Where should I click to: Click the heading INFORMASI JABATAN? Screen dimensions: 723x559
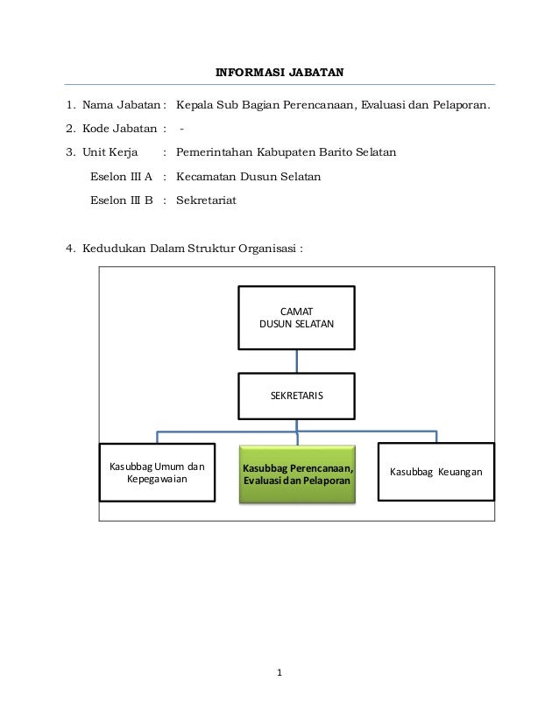pyautogui.click(x=279, y=71)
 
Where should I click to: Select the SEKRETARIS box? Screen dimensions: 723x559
pyautogui.click(x=297, y=395)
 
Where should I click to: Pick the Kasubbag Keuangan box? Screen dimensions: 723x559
pyautogui.click(x=435, y=472)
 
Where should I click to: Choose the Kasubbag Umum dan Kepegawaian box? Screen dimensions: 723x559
pyautogui.click(x=157, y=473)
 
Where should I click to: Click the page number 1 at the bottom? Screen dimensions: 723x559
pyautogui.click(x=279, y=672)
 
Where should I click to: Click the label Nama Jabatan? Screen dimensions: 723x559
pyautogui.click(x=121, y=107)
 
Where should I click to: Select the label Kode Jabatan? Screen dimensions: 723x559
pyautogui.click(x=120, y=130)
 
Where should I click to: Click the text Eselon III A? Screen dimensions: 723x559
pyautogui.click(x=121, y=176)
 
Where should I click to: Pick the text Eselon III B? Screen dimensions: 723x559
pyautogui.click(x=122, y=200)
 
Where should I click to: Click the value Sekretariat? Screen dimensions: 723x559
pyautogui.click(x=206, y=200)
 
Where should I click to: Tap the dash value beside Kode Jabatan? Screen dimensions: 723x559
pyautogui.click(x=181, y=130)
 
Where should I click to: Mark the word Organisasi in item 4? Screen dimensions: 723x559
pyautogui.click(x=267, y=246)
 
